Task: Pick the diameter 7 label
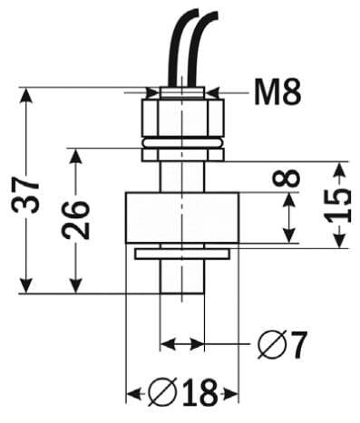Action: [x=282, y=344]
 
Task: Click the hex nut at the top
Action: [x=181, y=117]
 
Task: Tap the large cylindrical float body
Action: [x=181, y=216]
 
